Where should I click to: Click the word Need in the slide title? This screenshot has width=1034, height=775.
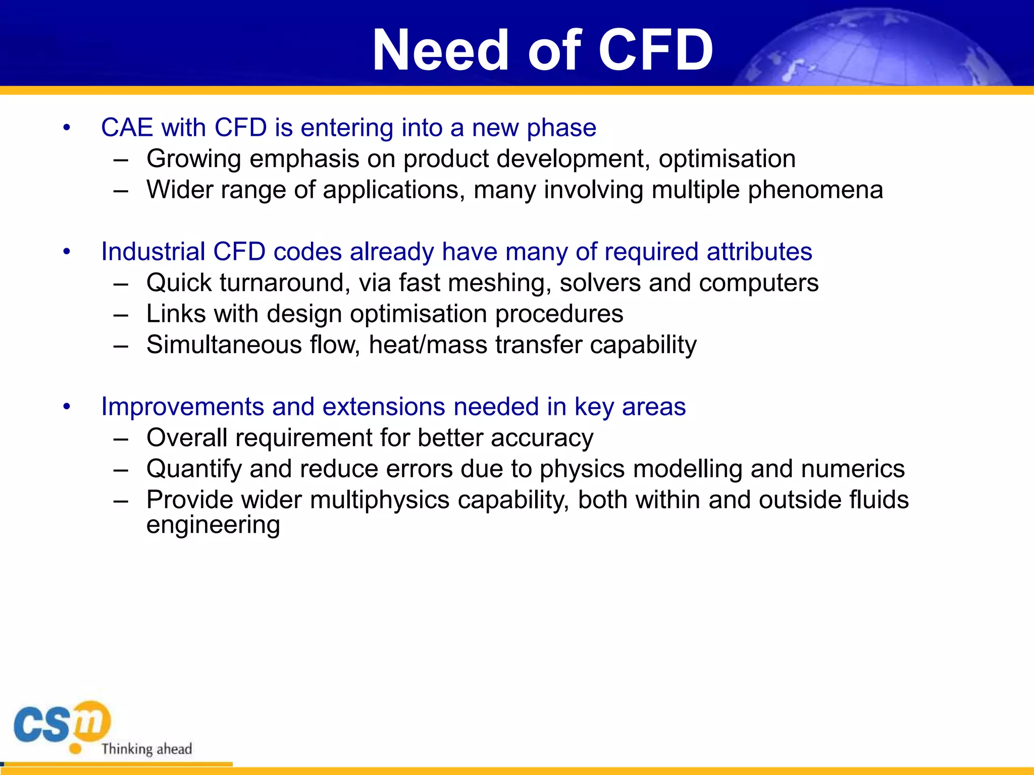coord(440,50)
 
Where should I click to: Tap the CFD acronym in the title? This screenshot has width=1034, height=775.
coord(656,50)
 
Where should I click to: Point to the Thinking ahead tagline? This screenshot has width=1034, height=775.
coord(146,749)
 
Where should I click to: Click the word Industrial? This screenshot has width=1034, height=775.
coord(153,252)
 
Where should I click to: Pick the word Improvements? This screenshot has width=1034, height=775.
coord(182,407)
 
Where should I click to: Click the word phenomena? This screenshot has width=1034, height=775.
coord(815,191)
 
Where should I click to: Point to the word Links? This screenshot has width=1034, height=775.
coord(176,314)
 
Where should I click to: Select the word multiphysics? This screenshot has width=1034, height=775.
coord(380,501)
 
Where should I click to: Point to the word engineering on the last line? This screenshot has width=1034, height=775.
coord(213,525)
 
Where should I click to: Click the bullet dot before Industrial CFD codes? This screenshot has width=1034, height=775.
coord(67,252)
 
